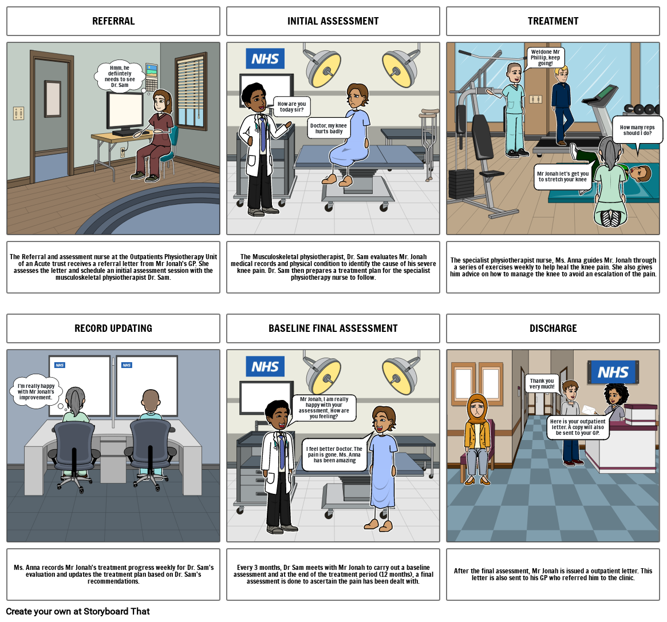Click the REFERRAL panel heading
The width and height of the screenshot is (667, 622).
tap(113, 21)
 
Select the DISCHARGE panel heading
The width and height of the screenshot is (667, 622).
tap(553, 328)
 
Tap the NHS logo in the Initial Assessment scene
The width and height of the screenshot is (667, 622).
tap(265, 59)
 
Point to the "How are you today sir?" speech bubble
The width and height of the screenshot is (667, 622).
tap(291, 106)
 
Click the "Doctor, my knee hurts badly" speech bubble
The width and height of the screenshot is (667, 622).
tap(329, 128)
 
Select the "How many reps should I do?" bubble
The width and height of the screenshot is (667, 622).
tap(637, 130)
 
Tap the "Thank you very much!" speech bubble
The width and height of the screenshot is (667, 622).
tap(542, 383)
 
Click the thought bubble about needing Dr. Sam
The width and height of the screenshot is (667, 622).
tap(120, 77)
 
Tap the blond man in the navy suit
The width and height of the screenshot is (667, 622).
tap(562, 105)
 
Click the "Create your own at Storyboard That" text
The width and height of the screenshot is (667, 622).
tap(78, 611)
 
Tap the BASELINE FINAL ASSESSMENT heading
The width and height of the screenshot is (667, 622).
tap(333, 328)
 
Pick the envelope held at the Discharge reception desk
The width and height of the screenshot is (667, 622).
tap(589, 410)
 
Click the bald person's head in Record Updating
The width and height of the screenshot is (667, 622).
tap(151, 400)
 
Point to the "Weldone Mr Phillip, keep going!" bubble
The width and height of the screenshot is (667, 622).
tap(545, 58)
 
